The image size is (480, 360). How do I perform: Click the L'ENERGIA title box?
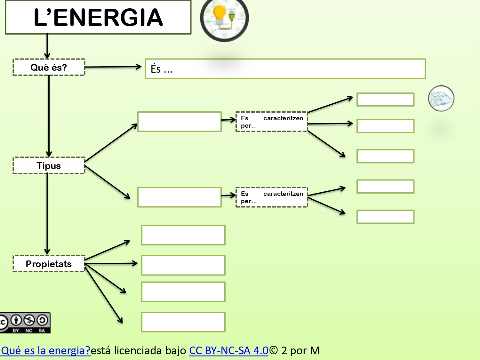click(x=98, y=17)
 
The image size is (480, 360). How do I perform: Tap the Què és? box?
click(x=49, y=67)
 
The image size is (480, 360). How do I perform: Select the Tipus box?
click(x=49, y=165)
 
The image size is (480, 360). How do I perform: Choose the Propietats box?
click(x=49, y=264)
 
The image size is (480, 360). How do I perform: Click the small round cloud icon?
click(x=441, y=98)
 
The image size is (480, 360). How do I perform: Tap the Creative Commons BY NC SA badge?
click(x=25, y=323)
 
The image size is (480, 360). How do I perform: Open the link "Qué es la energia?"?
click(x=45, y=350)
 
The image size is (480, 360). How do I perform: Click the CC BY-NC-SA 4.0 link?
click(x=228, y=350)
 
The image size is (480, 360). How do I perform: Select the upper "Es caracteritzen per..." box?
click(x=271, y=122)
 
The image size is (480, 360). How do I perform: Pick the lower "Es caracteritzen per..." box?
click(x=271, y=197)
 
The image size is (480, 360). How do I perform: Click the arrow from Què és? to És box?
click(x=113, y=67)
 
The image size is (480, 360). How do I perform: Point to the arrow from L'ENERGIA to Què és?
click(x=47, y=45)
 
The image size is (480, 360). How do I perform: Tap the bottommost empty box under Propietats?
click(x=183, y=322)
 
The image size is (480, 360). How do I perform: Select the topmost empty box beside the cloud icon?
click(x=385, y=100)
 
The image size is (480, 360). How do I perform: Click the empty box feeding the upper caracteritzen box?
click(x=180, y=122)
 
